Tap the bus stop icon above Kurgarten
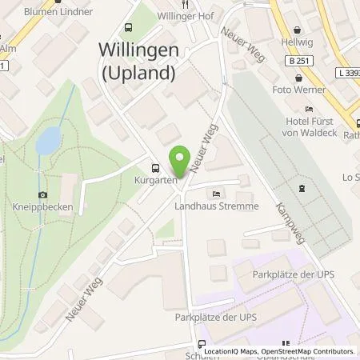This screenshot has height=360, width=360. click(154, 168)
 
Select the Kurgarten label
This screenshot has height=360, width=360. click(154, 182)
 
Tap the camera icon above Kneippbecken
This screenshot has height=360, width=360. click(42, 194)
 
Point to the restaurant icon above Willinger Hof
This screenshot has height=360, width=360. click(186, 2)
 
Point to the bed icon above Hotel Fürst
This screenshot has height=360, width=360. click(310, 109)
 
